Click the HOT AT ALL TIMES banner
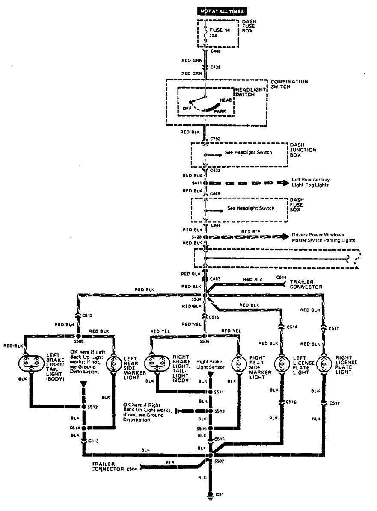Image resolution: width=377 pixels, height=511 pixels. pyautogui.click(x=222, y=11)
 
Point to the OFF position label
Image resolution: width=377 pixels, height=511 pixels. pyautogui.click(x=187, y=108)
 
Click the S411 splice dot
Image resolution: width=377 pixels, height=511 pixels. pyautogui.click(x=205, y=183)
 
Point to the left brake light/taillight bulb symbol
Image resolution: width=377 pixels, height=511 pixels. pyautogui.click(x=29, y=363)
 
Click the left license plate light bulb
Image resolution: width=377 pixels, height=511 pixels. pyautogui.click(x=281, y=363)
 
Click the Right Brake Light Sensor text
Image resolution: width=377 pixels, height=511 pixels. pyautogui.click(x=211, y=363)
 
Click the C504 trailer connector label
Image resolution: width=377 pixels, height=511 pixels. pyautogui.click(x=131, y=469)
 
